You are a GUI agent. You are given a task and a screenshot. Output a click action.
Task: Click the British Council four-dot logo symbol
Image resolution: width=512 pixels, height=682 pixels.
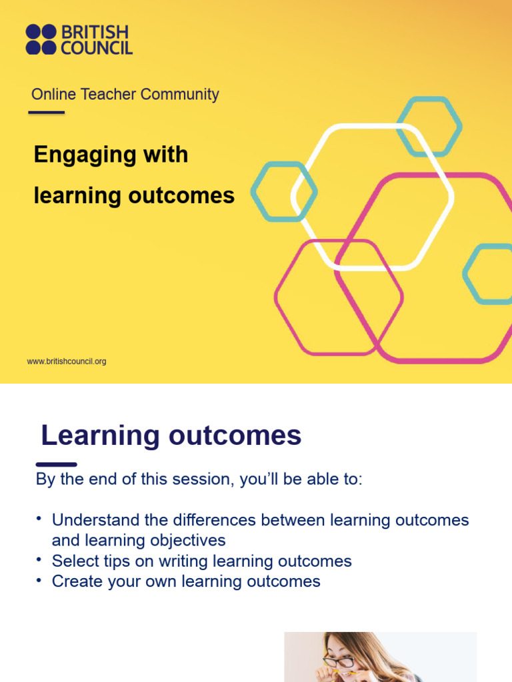click(41, 39)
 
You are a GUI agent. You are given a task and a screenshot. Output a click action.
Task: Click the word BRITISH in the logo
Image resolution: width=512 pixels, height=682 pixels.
click(96, 32)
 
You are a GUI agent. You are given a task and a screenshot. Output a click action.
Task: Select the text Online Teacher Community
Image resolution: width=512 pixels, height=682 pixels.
click(125, 95)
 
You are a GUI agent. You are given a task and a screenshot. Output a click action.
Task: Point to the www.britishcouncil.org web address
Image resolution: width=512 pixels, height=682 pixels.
click(66, 362)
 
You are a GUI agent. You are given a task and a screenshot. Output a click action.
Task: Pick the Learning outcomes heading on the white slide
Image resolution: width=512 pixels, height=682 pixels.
click(171, 436)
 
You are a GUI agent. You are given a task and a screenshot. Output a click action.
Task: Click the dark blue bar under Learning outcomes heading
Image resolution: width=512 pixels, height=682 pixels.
click(56, 464)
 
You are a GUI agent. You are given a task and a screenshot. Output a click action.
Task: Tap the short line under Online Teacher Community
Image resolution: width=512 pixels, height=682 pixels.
click(47, 113)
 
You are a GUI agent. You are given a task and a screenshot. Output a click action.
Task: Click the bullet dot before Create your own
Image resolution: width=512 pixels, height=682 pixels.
click(39, 580)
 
